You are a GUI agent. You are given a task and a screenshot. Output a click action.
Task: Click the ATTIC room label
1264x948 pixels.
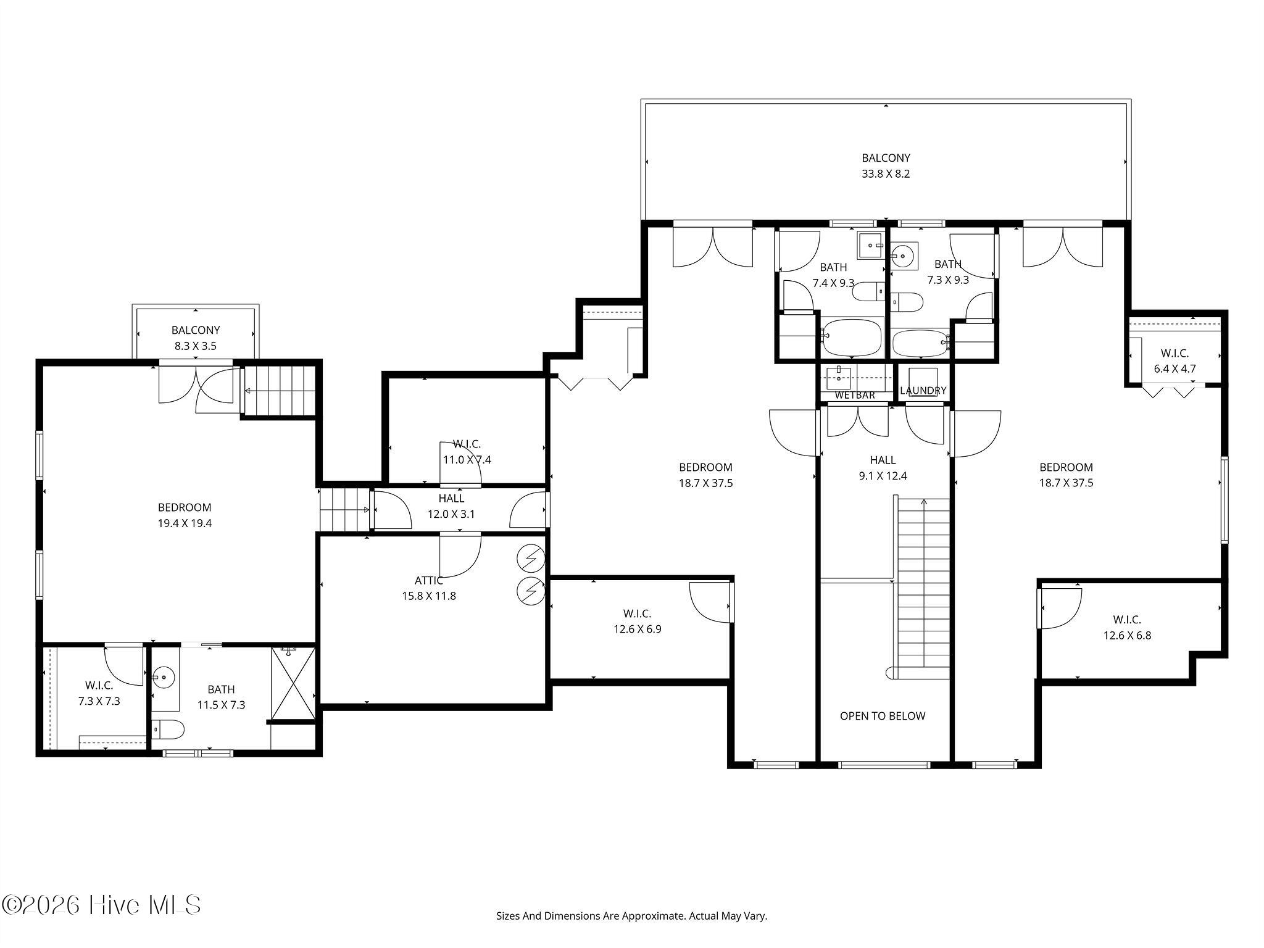pyautogui.click(x=429, y=581)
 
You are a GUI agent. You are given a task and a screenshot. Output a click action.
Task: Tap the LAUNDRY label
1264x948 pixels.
pyautogui.click(x=923, y=391)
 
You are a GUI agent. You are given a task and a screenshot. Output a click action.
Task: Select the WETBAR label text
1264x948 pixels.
pyautogui.click(x=855, y=395)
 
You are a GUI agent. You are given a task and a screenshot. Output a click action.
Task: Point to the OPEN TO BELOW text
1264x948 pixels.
pyautogui.click(x=883, y=716)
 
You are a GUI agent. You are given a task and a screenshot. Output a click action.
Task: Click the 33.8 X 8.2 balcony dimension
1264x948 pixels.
pyautogui.click(x=886, y=174)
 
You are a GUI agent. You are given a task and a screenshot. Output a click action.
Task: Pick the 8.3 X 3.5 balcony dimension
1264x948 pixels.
pyautogui.click(x=196, y=346)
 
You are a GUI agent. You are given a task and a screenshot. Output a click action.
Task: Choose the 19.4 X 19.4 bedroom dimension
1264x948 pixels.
pyautogui.click(x=185, y=523)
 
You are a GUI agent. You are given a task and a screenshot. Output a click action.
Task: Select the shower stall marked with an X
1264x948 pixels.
pyautogui.click(x=294, y=684)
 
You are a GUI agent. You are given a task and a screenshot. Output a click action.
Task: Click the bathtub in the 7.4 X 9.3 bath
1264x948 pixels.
pyautogui.click(x=853, y=337)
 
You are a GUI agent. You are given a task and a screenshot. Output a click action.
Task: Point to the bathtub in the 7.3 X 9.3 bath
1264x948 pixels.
pyautogui.click(x=920, y=343)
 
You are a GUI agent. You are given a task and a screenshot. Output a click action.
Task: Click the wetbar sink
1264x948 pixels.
pyautogui.click(x=839, y=377)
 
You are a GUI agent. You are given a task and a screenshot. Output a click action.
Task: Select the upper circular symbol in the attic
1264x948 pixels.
pyautogui.click(x=531, y=559)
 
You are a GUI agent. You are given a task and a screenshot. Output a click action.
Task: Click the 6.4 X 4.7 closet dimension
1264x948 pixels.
pyautogui.click(x=1175, y=369)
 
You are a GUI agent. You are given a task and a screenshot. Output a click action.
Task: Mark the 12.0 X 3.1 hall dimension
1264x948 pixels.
pyautogui.click(x=451, y=514)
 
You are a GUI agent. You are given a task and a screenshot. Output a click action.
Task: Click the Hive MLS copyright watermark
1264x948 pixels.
pyautogui.click(x=101, y=905)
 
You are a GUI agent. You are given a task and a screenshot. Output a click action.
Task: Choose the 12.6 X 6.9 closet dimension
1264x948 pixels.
pyautogui.click(x=638, y=630)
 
